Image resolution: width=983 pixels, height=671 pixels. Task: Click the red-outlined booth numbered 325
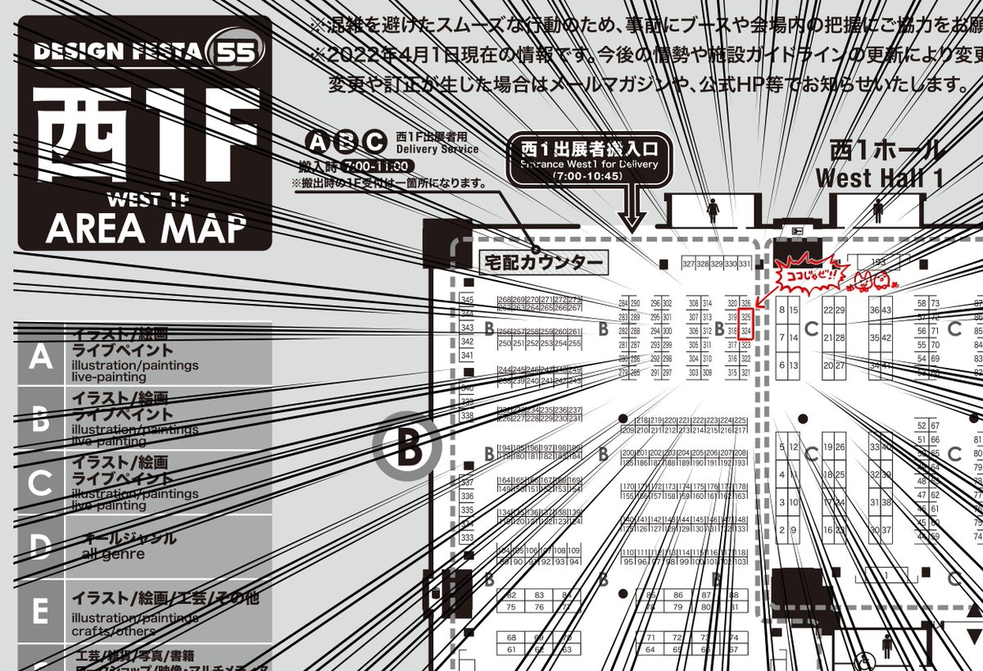click(745, 315)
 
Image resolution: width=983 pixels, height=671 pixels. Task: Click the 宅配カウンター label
click(542, 263)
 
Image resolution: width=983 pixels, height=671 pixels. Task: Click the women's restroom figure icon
click(712, 211)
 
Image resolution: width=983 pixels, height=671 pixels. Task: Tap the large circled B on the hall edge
click(407, 447)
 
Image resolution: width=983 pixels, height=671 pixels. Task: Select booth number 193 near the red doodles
click(878, 262)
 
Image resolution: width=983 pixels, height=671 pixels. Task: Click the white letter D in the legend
click(40, 546)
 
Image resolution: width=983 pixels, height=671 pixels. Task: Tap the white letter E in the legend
click(40, 610)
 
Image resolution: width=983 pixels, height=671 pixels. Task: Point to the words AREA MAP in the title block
click(145, 229)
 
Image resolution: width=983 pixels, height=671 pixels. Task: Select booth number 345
click(468, 300)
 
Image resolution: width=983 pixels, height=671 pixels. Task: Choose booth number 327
click(689, 264)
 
